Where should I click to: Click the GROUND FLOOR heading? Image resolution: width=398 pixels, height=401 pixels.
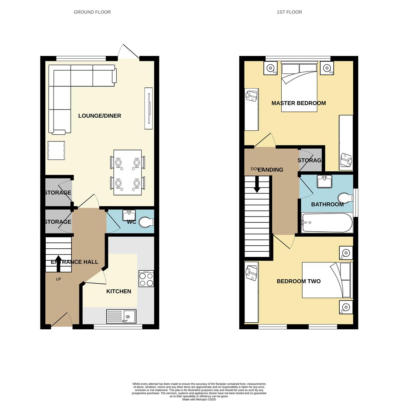click(x=92, y=12)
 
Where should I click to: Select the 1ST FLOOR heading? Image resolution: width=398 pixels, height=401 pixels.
click(x=289, y=12)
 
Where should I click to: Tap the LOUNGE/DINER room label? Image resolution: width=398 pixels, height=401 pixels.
click(x=100, y=116)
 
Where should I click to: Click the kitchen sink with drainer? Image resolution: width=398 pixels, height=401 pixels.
click(x=121, y=316)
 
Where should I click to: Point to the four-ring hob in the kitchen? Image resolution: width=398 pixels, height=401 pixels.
click(x=146, y=279)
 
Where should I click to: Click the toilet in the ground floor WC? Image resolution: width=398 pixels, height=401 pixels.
click(x=146, y=222)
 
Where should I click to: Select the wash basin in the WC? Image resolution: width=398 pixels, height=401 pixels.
click(x=129, y=215)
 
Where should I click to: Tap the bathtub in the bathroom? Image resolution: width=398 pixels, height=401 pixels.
click(x=327, y=222)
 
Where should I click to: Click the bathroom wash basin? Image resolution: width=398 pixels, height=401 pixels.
click(x=324, y=182)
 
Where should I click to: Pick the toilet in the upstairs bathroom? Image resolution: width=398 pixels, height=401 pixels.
click(x=345, y=198)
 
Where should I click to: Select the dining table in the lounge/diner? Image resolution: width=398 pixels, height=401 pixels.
click(x=127, y=172)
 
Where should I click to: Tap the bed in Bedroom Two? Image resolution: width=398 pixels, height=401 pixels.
click(x=327, y=280)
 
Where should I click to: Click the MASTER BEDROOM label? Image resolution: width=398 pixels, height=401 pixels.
click(x=298, y=103)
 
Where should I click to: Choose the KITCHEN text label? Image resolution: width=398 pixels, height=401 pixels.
click(x=119, y=291)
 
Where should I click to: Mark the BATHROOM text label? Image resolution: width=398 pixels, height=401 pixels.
click(x=327, y=205)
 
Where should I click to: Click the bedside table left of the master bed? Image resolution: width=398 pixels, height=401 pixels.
click(x=271, y=68)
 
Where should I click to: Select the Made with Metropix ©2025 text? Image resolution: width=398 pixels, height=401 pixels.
click(x=199, y=399)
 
